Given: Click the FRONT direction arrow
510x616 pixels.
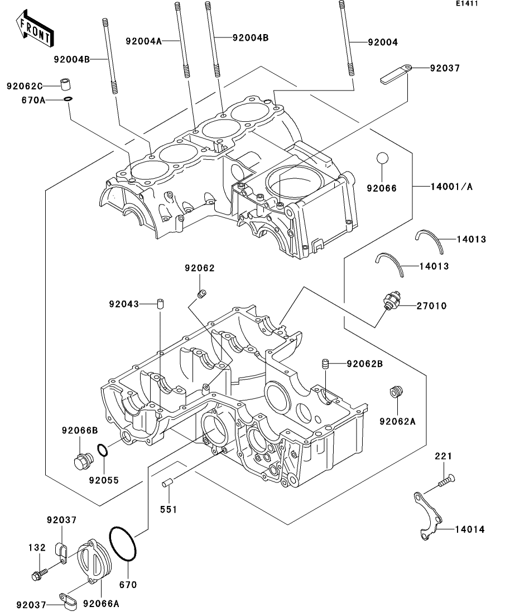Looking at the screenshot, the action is tap(35, 28).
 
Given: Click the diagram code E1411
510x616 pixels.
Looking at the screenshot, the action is tap(467, 3).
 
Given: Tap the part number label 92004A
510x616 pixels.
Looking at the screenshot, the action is tap(144, 41).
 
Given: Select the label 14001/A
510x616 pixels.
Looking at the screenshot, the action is tap(451, 186).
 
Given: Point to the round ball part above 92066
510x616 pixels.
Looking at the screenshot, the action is tap(382, 158).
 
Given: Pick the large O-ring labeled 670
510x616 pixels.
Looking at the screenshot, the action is tap(123, 544).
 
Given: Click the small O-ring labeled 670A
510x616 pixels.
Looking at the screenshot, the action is tap(68, 99).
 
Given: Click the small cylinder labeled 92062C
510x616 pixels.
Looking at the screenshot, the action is tap(66, 84).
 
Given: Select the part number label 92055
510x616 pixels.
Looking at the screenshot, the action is tap(104, 480).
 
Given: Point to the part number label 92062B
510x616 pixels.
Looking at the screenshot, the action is tap(364, 364).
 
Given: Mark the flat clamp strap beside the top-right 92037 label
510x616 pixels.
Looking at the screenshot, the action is tap(396, 74).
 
